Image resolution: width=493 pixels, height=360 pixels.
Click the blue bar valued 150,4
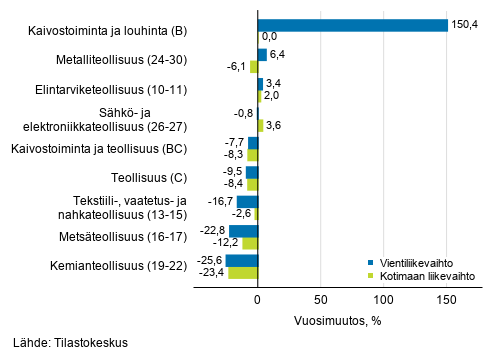pyautogui.click(x=352, y=25)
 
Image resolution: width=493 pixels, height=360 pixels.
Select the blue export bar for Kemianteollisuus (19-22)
pyautogui.click(x=241, y=261)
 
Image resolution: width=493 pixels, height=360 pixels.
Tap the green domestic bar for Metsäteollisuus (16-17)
pyautogui.click(x=250, y=243)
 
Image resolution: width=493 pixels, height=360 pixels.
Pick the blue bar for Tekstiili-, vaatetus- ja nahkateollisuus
pyautogui.click(x=247, y=202)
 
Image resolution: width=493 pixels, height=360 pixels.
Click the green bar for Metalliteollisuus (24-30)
pyautogui.click(x=254, y=66)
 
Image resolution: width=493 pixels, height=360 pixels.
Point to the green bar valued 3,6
pyautogui.click(x=260, y=125)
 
